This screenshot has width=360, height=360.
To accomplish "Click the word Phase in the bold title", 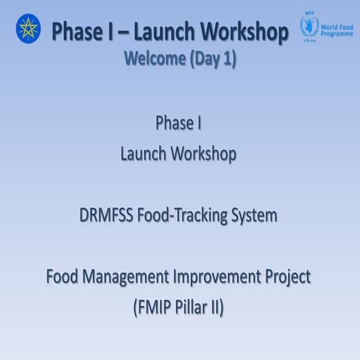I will (x=81, y=31).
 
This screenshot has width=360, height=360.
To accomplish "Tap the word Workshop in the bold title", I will (x=246, y=31).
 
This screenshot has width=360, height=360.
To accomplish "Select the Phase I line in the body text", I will (x=179, y=122).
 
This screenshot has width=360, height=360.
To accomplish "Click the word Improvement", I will (x=219, y=277).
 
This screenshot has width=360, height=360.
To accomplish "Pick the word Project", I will (x=286, y=277).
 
